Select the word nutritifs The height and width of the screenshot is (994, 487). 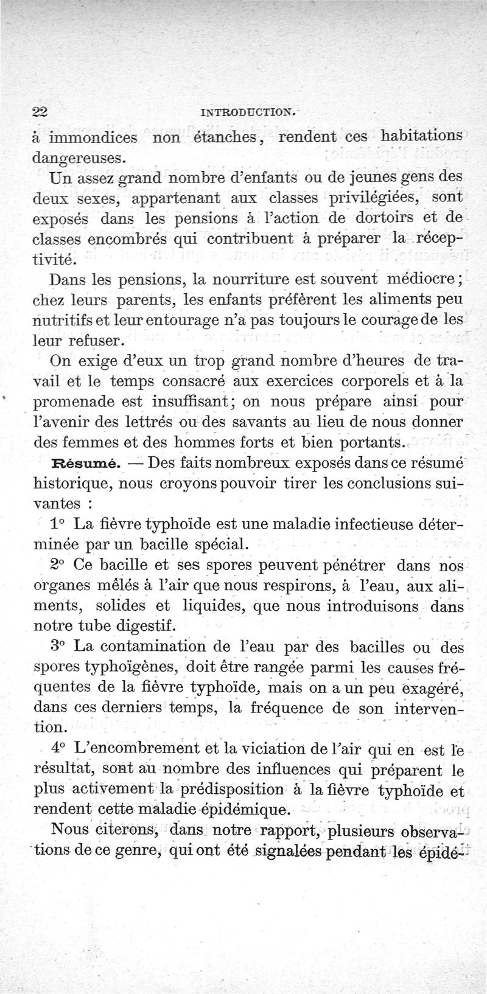[63, 320]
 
